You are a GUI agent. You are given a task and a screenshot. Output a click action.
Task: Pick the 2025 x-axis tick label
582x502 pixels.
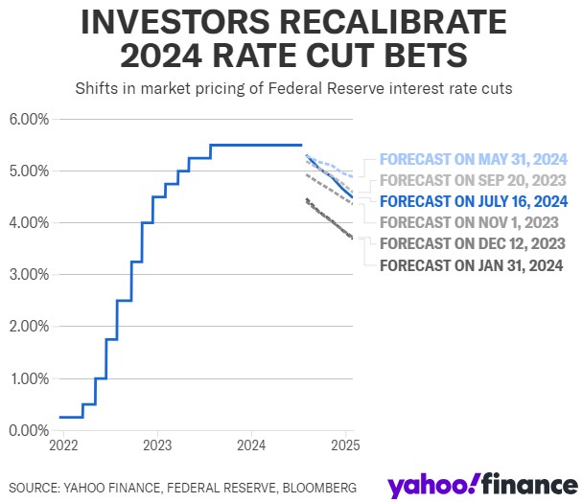coord(344,445)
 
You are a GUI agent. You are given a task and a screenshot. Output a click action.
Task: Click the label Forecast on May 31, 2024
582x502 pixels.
coord(474,159)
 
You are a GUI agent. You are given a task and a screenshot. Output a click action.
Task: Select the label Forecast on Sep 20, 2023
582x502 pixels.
coord(474,180)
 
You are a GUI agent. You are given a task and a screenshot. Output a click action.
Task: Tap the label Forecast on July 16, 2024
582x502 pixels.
coord(474,201)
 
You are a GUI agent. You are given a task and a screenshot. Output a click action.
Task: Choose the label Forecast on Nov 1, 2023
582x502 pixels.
coord(470,222)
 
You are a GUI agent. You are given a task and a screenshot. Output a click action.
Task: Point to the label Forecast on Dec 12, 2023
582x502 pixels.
coord(473,243)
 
